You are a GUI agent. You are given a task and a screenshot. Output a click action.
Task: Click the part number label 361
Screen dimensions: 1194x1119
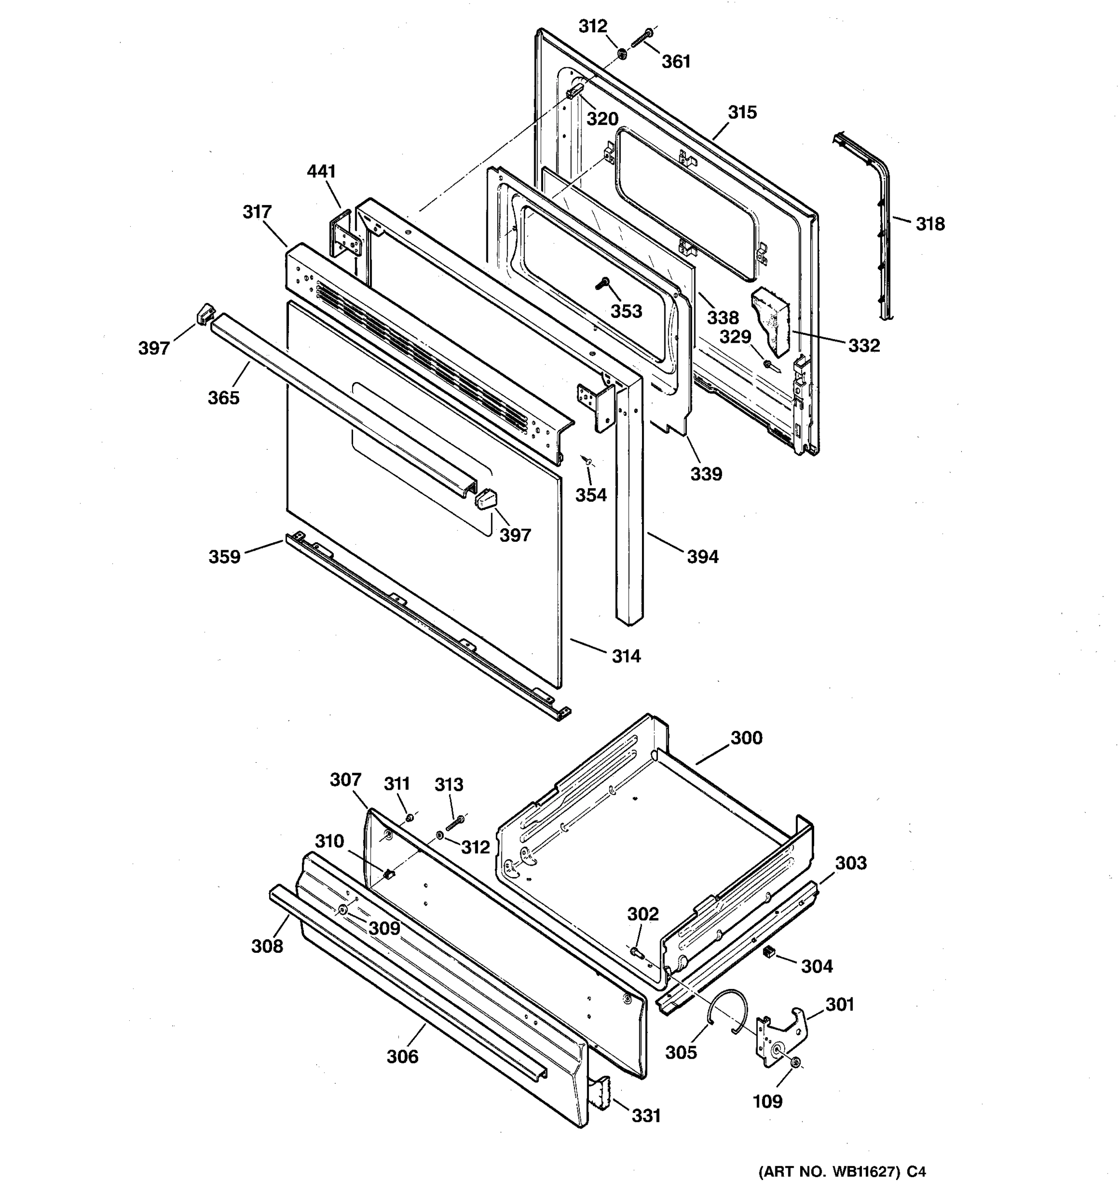tap(676, 61)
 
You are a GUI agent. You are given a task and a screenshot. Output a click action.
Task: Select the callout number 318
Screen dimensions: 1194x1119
tap(930, 224)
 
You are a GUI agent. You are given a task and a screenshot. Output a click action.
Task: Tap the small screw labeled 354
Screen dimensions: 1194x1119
tap(587, 460)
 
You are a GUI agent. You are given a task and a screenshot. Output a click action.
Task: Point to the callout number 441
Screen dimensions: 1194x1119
tap(321, 172)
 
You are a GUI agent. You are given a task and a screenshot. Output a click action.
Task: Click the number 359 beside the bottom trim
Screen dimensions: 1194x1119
tap(224, 557)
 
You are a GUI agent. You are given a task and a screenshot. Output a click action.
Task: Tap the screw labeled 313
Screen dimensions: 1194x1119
tap(456, 822)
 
